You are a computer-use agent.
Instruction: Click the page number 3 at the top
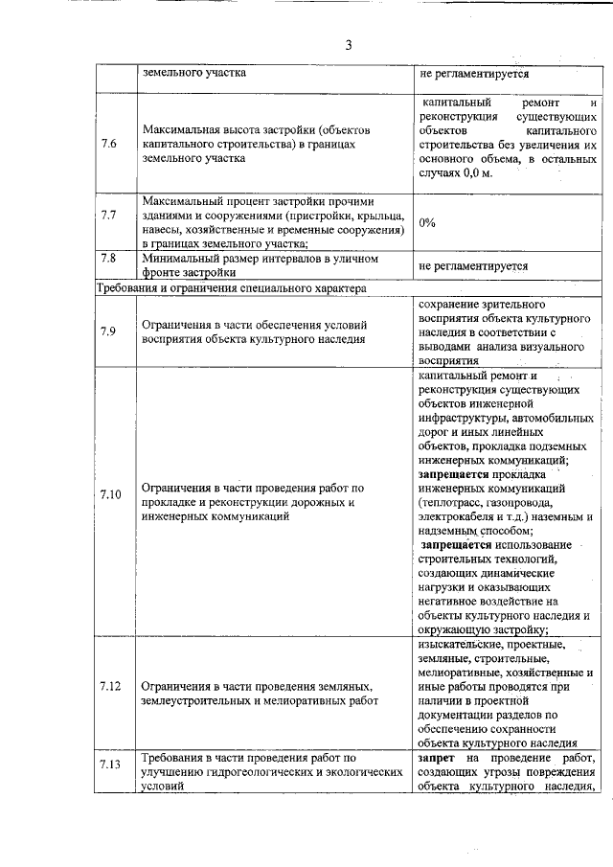click(x=349, y=44)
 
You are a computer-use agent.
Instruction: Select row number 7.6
click(x=109, y=144)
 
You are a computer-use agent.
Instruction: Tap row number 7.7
click(x=109, y=215)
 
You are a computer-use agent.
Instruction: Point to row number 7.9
click(x=109, y=331)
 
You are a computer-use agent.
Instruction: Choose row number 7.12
click(x=110, y=687)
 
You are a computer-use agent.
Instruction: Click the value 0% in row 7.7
click(x=427, y=222)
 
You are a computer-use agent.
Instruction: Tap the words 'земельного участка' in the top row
click(x=193, y=72)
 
